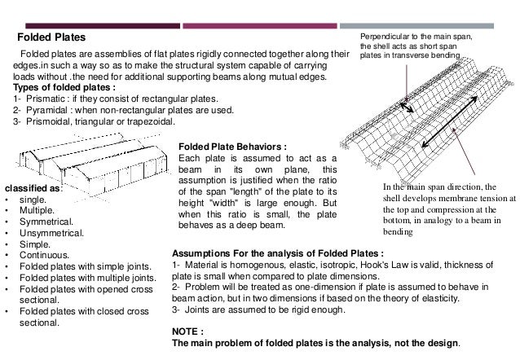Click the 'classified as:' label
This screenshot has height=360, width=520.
33,188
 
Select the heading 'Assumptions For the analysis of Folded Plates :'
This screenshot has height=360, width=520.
278,252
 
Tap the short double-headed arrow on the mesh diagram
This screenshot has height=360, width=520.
405,107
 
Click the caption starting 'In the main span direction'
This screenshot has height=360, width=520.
447,209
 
